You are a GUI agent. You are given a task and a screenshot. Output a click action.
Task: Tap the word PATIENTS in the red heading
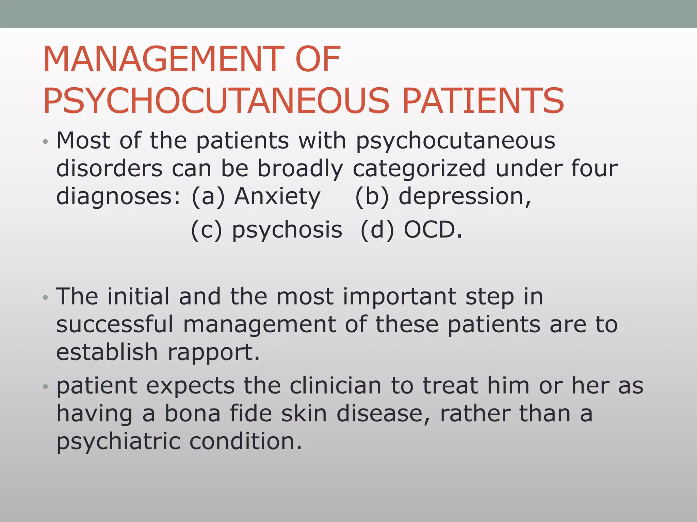(x=483, y=101)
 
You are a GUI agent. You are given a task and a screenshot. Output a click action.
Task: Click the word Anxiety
(x=277, y=196)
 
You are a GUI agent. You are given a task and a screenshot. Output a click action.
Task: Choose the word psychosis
(x=287, y=230)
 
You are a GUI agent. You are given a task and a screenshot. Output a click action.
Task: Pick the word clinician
(x=335, y=386)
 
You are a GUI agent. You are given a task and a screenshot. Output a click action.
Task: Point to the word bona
(x=193, y=414)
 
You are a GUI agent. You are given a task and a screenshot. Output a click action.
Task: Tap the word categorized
(x=419, y=169)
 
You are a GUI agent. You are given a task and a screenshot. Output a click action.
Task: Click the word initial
(x=138, y=296)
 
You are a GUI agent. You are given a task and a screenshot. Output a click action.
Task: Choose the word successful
(x=115, y=324)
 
